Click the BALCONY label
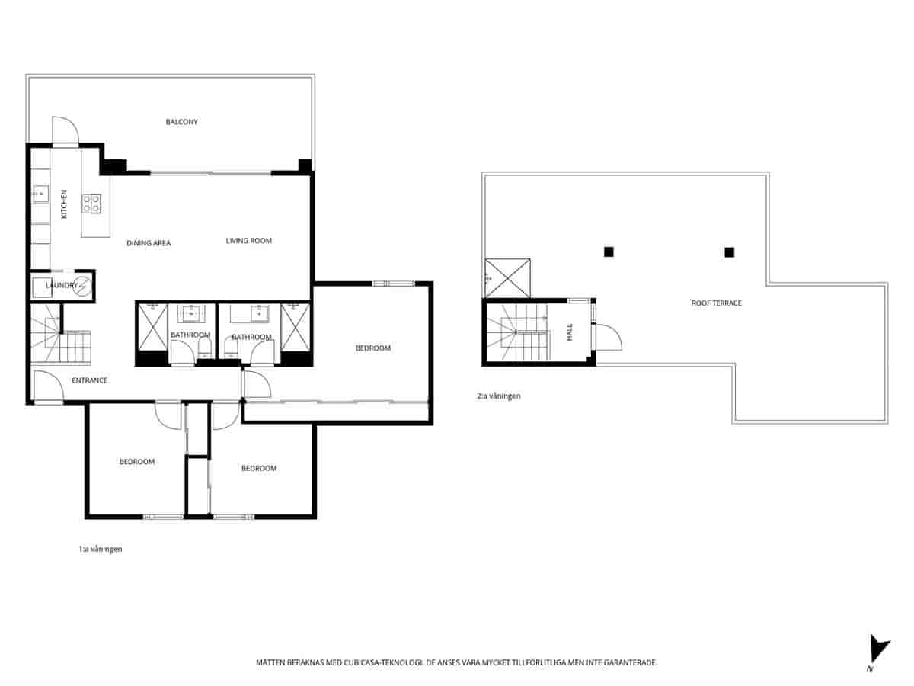coord(181,122)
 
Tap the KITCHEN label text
coord(64,204)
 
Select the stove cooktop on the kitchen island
coord(91,204)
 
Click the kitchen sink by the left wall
coord(40,195)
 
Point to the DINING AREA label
coord(149,243)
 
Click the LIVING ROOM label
coord(248,241)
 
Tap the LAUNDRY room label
coord(61,286)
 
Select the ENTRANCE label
coord(89,380)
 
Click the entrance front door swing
coord(47,386)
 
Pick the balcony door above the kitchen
coord(65,130)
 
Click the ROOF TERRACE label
coord(716,303)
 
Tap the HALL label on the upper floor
coord(569,332)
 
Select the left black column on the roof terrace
coord(608,252)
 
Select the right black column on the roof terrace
coord(729,252)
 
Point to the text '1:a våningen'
coord(100,549)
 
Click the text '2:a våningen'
coord(498,396)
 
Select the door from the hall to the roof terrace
coord(608,337)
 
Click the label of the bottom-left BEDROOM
coord(136,462)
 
